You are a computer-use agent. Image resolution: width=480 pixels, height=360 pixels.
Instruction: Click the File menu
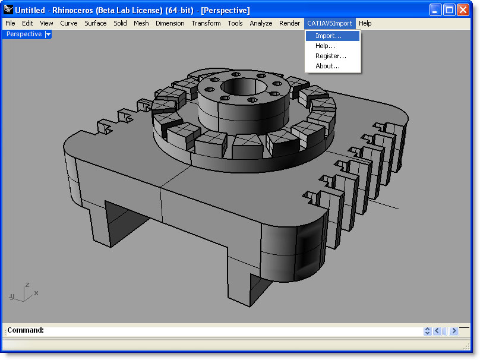[x=10, y=23]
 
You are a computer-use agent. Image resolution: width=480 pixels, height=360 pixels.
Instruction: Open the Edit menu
[x=27, y=23]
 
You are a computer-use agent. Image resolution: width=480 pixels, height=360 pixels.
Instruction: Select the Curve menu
[x=69, y=23]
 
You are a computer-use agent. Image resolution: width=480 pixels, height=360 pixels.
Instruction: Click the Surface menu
[x=96, y=23]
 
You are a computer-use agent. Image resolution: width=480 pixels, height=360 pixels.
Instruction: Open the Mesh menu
[x=141, y=23]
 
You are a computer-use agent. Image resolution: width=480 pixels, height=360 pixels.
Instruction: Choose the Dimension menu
[x=170, y=23]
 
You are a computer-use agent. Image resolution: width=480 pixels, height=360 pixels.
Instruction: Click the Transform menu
[x=206, y=23]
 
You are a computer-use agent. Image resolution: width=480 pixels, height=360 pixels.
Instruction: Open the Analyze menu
[x=261, y=23]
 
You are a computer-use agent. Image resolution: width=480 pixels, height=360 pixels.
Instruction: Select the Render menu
[x=290, y=23]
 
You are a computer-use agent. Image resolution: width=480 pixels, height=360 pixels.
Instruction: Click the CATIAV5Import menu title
[x=330, y=23]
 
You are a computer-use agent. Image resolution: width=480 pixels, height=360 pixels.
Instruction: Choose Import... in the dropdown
[x=329, y=36]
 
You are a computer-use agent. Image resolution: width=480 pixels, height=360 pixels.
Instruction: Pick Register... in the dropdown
[x=331, y=56]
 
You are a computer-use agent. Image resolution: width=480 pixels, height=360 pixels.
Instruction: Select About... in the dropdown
[x=328, y=66]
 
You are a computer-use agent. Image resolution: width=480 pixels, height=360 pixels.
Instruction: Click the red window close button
[x=463, y=10]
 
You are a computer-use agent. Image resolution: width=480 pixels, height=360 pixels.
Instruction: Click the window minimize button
[x=435, y=10]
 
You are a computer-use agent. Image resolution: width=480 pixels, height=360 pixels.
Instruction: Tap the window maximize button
[x=449, y=10]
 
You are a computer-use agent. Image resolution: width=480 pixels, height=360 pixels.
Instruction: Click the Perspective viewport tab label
[x=24, y=34]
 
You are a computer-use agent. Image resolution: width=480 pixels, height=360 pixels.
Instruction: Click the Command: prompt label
[x=26, y=330]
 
